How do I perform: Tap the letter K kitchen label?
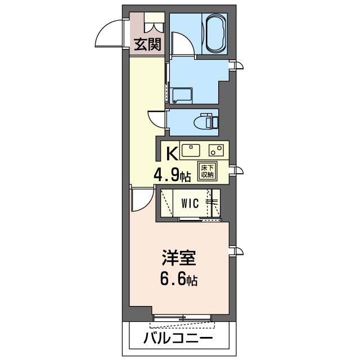point(171,152)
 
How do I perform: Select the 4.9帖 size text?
point(173,175)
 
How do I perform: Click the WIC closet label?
point(189,204)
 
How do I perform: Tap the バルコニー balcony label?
point(178,339)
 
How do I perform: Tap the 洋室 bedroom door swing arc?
point(139,198)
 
